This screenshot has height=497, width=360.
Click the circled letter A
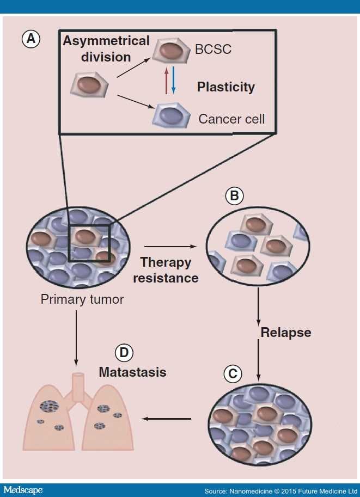click(x=30, y=39)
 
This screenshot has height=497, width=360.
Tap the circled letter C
click(x=234, y=374)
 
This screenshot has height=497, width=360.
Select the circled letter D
click(x=124, y=353)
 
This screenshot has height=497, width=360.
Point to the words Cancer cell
click(x=231, y=118)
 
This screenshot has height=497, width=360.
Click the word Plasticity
click(x=226, y=87)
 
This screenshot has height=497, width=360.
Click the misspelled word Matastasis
click(x=132, y=373)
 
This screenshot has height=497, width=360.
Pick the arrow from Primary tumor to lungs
click(x=76, y=338)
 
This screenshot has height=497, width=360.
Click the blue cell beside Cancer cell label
click(x=172, y=115)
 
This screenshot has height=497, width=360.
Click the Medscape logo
click(x=22, y=490)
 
